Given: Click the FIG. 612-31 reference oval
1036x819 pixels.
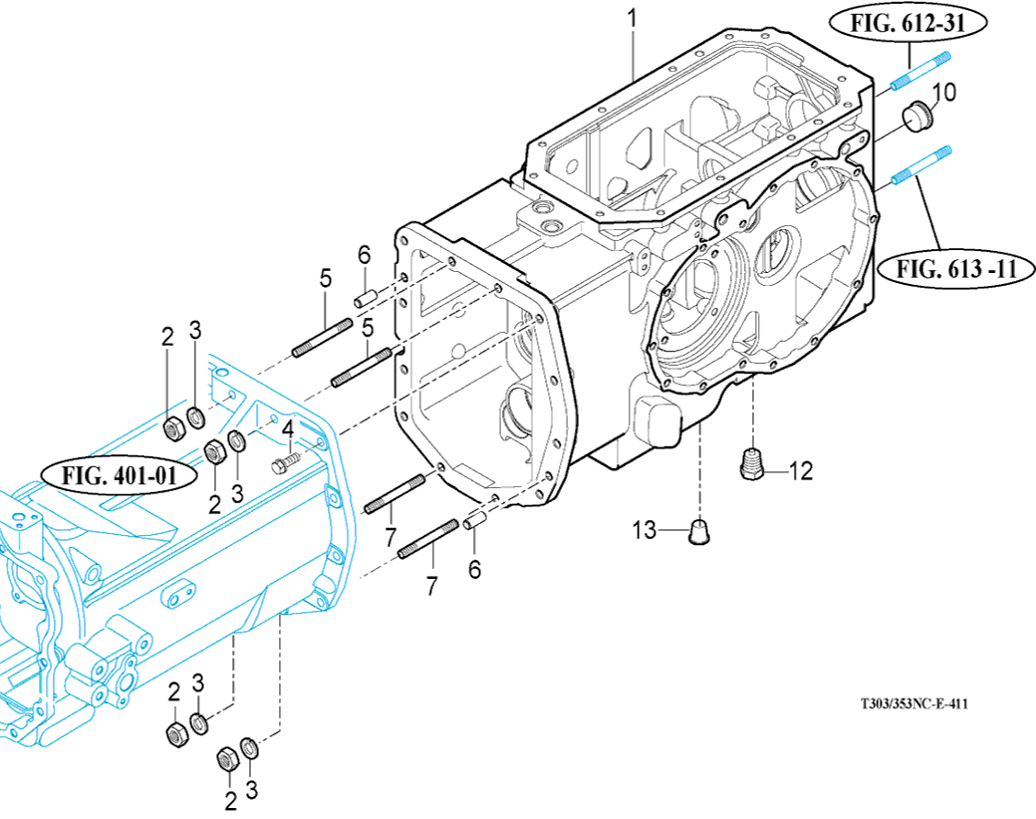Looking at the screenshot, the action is point(907,23).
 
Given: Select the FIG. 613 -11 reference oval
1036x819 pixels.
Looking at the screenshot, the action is point(955,269).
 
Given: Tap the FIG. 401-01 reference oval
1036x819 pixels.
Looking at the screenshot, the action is point(119,475).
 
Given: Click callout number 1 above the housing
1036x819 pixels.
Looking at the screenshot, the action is point(633,18).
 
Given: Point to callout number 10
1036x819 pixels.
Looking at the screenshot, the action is point(944,93).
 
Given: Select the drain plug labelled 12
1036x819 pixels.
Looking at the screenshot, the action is point(750,462).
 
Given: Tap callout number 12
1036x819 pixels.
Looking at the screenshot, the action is point(800,471).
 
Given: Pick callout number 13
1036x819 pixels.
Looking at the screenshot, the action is point(645,530).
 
